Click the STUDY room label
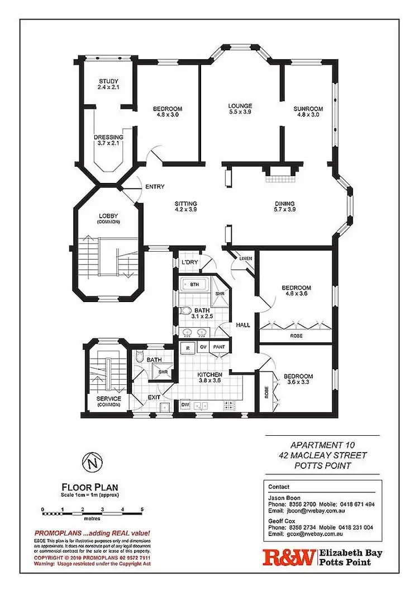pos(108,84)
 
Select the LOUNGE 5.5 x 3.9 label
pos(240,109)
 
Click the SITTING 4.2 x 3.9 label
pos(185,206)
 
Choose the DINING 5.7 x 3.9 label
pos(284,206)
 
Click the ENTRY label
pos(154,186)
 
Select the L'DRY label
pos(187,262)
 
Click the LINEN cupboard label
pos(246,258)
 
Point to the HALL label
pos(243,324)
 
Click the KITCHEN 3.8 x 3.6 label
pos(209,378)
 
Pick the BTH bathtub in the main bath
pos(194,284)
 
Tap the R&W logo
pos(289,558)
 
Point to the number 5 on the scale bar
pos(142,510)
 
